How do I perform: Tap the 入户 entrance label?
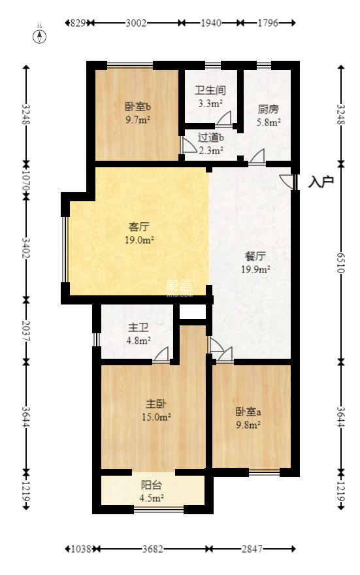tap(321, 182)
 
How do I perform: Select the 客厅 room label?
tap(139, 227)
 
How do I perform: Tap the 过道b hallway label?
tap(211, 137)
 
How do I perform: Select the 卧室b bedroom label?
tap(139, 107)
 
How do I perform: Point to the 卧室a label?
tap(248, 412)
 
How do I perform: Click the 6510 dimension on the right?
tap(340, 261)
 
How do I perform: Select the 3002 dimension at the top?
tap(135, 23)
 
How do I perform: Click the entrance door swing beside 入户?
tap(286, 182)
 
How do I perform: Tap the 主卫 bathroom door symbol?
tap(161, 354)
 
